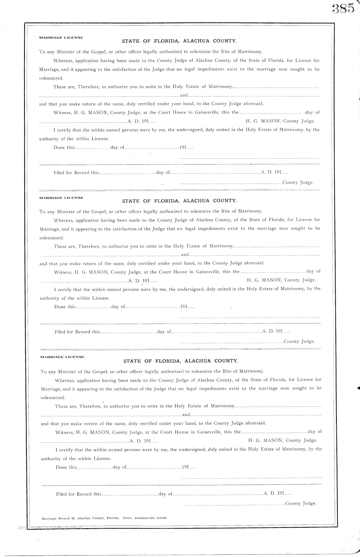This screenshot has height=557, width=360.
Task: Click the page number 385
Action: (x=343, y=9)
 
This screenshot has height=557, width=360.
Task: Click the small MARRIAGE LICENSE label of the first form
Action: (x=61, y=38)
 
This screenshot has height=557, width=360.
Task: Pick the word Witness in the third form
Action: (x=64, y=432)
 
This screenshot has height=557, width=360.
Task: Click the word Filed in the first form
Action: (x=59, y=173)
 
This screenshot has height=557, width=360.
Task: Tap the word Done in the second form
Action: (x=60, y=307)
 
